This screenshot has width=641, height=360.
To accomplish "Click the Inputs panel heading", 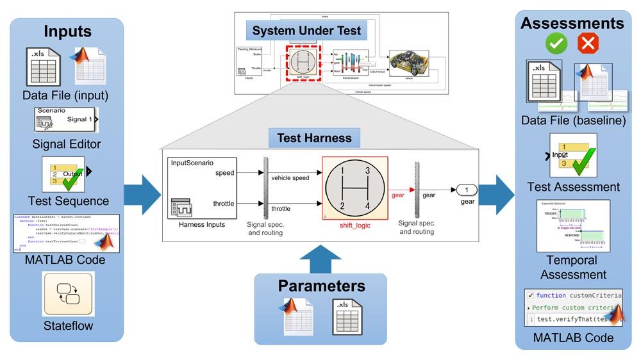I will click(x=68, y=31).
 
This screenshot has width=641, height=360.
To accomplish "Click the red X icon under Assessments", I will click(x=588, y=44).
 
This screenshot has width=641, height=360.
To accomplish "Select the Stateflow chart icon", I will click(x=68, y=294).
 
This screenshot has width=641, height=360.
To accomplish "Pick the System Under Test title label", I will click(x=306, y=30).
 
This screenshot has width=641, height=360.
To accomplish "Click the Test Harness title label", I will click(x=315, y=137).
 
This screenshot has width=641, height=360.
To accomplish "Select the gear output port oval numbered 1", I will click(x=467, y=190).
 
